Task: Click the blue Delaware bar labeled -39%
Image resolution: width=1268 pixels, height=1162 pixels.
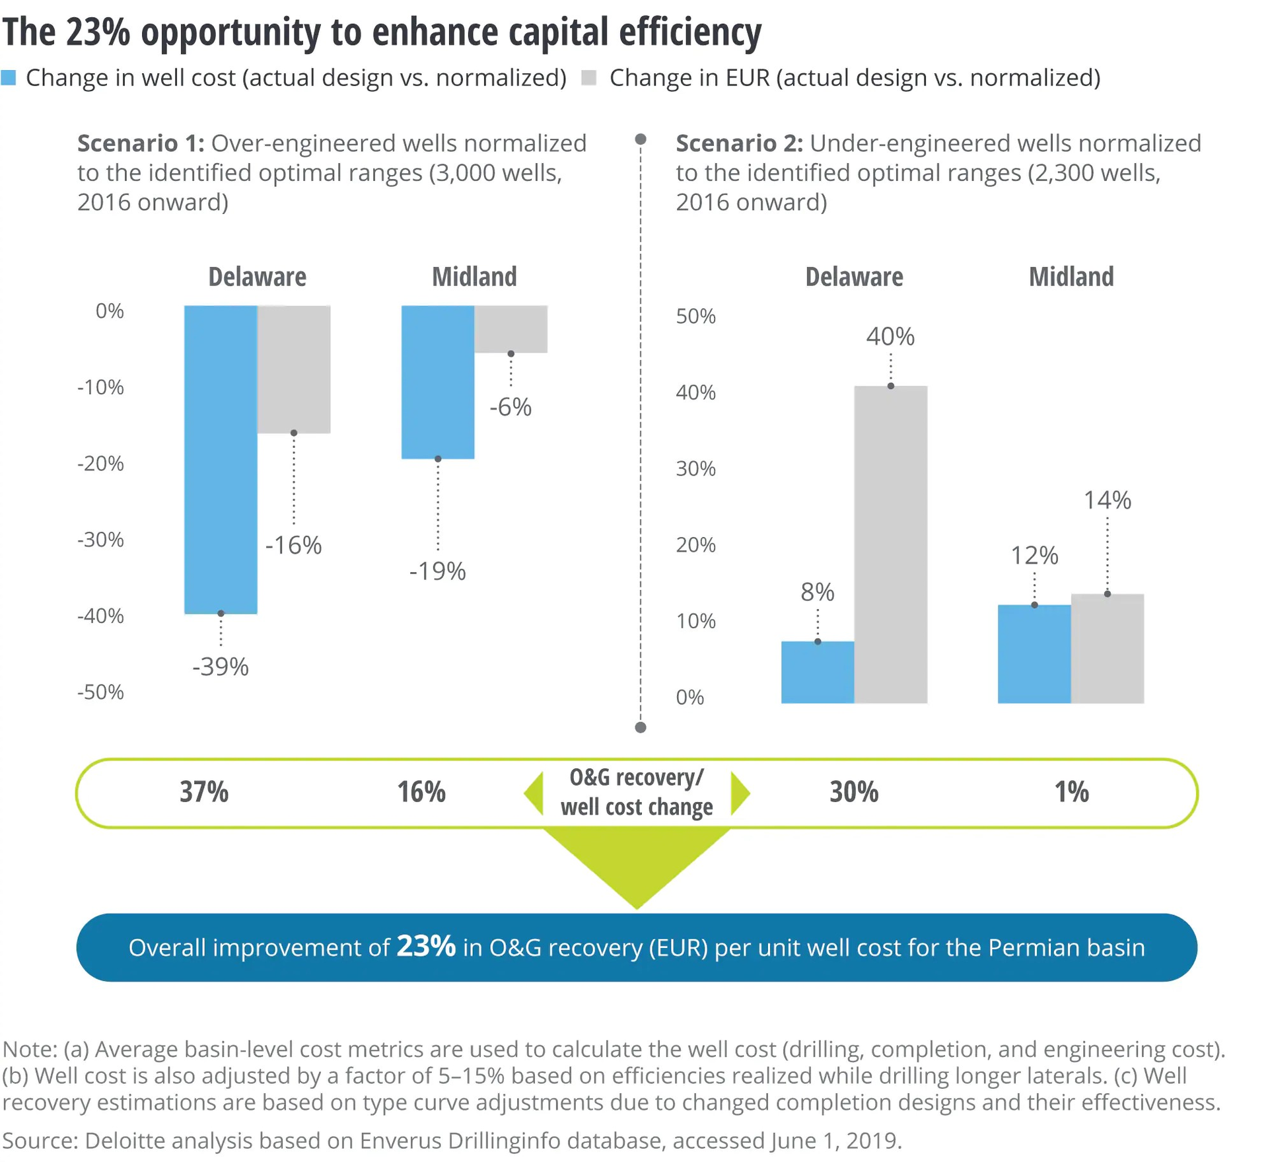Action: point(220,458)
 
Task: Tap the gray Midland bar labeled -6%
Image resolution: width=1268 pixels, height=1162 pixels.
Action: point(510,328)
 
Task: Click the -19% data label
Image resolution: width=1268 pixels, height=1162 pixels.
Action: point(437,571)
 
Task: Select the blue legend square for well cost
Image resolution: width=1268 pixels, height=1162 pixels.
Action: point(9,78)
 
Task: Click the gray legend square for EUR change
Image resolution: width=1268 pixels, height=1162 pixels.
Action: point(588,78)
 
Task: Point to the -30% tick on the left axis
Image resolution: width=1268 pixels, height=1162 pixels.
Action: point(100,540)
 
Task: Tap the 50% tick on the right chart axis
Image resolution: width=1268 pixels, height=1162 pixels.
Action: point(695,316)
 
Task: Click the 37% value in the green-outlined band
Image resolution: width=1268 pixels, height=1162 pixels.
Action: point(203,791)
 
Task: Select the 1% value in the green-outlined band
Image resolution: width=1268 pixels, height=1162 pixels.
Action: point(1071,791)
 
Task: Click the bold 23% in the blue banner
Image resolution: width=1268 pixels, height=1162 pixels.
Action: point(425,946)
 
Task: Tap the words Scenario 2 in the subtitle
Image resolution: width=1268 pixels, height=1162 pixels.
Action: point(738,143)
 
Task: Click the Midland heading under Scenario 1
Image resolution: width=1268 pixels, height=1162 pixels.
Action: point(474,277)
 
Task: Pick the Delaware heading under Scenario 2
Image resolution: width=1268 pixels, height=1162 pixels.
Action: point(853,277)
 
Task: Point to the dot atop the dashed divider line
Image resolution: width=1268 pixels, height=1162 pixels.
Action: point(640,139)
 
